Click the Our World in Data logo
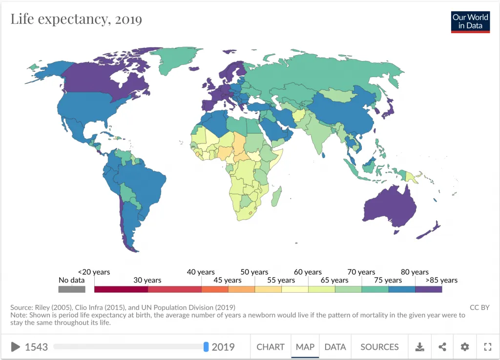(470, 21)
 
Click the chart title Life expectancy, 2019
(76, 20)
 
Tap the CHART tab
(271, 347)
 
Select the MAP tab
(305, 347)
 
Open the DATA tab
(335, 347)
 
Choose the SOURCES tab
(379, 347)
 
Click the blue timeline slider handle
(206, 347)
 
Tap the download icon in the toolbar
(419, 347)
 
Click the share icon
(442, 347)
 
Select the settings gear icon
(465, 347)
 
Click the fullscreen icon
(487, 347)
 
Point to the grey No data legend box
(72, 289)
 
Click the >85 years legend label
(441, 280)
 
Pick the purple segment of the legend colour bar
(428, 289)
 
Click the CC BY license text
(479, 307)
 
